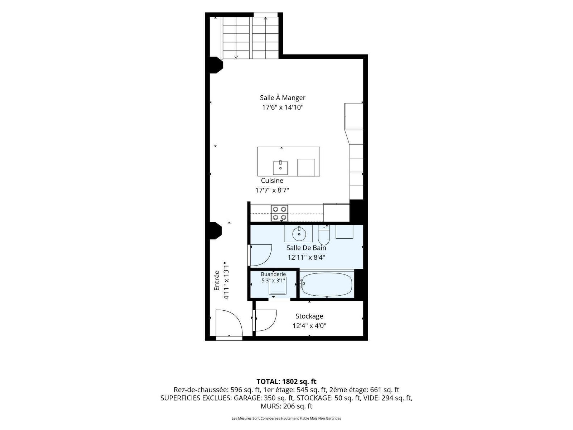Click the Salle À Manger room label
pyautogui.click(x=283, y=97)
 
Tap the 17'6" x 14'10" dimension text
pyautogui.click(x=283, y=107)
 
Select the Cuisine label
pyautogui.click(x=272, y=180)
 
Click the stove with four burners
pyautogui.click(x=279, y=213)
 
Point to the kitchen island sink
pyautogui.click(x=280, y=168)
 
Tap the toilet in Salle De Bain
pyautogui.click(x=324, y=235)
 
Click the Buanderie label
pyautogui.click(x=273, y=274)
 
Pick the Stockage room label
pyautogui.click(x=309, y=316)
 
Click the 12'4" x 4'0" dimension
pyautogui.click(x=309, y=326)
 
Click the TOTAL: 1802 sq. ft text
pyautogui.click(x=286, y=381)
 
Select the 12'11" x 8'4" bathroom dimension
pyautogui.click(x=306, y=257)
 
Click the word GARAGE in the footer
pyautogui.click(x=247, y=398)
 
